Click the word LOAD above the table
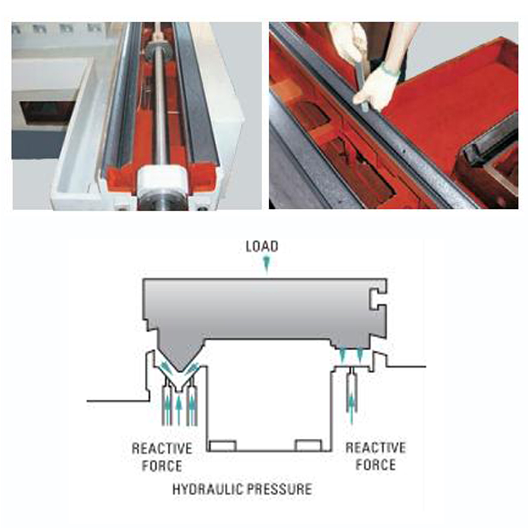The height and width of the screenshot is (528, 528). [262, 246]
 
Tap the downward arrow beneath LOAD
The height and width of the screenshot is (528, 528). [267, 264]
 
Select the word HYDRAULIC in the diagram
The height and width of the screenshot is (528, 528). [204, 489]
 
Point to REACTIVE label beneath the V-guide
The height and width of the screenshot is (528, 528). [162, 449]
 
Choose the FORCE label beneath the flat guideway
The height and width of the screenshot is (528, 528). [375, 465]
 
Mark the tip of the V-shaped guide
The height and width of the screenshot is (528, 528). [180, 371]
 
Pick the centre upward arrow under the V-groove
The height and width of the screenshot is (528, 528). [179, 410]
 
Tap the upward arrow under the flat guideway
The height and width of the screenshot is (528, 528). [351, 408]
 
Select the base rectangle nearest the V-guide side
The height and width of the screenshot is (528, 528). [222, 445]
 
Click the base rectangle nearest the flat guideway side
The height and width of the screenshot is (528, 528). [309, 445]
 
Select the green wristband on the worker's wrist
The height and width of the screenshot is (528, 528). [390, 69]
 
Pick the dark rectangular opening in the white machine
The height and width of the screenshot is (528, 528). [46, 113]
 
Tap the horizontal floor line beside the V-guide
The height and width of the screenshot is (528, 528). [118, 401]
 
